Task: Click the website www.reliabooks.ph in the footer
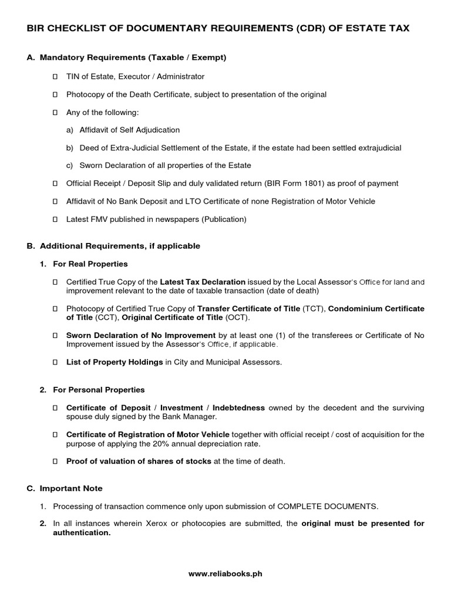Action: point(225,574)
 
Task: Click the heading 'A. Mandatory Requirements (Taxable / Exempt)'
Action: point(126,58)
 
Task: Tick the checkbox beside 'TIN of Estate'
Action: point(55,77)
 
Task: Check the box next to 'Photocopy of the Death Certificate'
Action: point(55,94)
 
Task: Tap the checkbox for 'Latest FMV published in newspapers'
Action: point(55,220)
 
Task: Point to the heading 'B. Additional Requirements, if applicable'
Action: point(113,246)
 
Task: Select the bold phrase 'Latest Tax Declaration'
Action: point(203,282)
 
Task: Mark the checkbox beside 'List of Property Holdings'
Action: point(55,363)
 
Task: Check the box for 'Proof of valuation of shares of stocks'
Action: point(55,461)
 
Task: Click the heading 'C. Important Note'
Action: point(65,488)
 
